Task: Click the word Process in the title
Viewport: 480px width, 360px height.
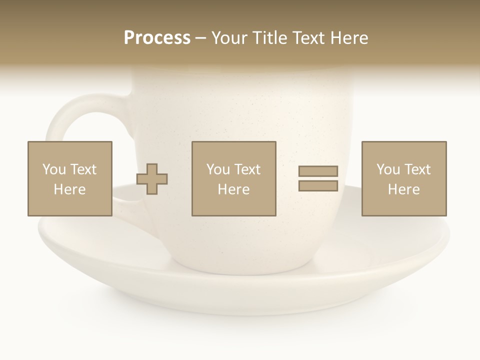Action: click(157, 38)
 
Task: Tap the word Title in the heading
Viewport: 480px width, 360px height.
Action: click(270, 38)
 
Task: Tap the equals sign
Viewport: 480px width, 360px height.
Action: click(318, 178)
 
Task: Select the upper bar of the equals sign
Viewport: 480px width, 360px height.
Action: click(318, 171)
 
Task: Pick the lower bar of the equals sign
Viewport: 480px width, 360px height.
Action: click(318, 185)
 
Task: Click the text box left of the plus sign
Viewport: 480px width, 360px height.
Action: click(70, 178)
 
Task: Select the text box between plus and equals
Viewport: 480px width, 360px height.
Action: click(234, 178)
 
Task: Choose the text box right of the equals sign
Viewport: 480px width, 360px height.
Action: click(404, 178)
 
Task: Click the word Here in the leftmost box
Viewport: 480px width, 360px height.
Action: click(70, 189)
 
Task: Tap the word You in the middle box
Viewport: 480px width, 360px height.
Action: click(218, 169)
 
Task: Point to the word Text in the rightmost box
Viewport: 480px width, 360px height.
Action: click(417, 169)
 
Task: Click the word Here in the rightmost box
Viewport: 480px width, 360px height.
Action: click(404, 189)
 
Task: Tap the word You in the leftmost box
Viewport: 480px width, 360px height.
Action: click(54, 169)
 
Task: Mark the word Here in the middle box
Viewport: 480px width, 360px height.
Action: click(234, 189)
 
